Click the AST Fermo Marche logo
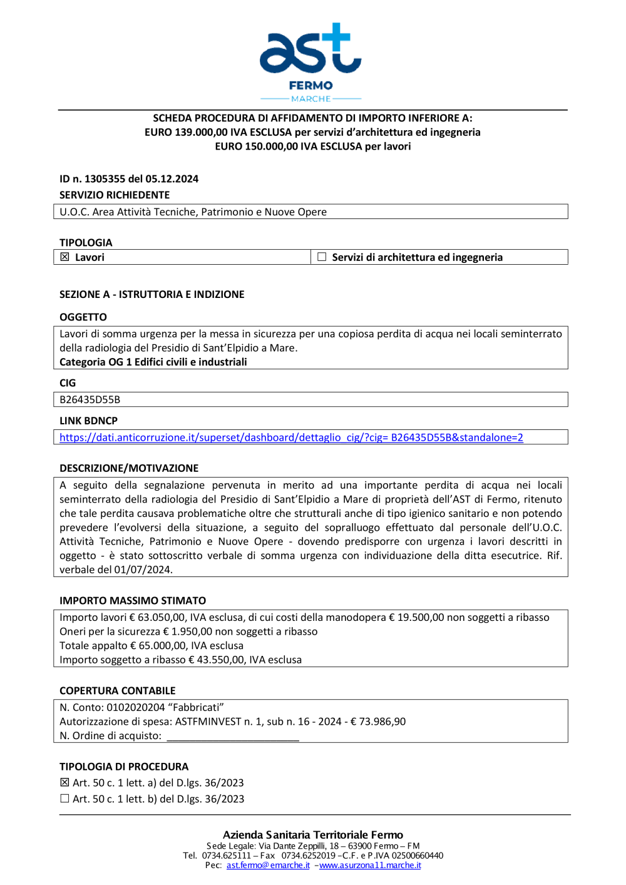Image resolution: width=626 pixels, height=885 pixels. pyautogui.click(x=310, y=61)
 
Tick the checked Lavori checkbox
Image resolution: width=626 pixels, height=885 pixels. pyautogui.click(x=64, y=257)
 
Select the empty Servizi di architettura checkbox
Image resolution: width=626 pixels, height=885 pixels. pyautogui.click(x=322, y=257)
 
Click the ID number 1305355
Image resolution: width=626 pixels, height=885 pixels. pyautogui.click(x=105, y=179)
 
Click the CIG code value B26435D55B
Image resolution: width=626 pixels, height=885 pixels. pyautogui.click(x=90, y=400)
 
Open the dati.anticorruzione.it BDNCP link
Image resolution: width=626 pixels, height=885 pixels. pyautogui.click(x=291, y=437)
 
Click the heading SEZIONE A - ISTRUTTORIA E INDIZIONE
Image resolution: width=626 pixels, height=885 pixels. pyautogui.click(x=151, y=294)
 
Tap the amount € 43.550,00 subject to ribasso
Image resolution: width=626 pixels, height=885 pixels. pyautogui.click(x=218, y=660)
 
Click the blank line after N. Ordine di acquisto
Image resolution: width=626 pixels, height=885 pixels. pyautogui.click(x=233, y=737)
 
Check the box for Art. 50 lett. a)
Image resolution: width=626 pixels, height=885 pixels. pyautogui.click(x=64, y=783)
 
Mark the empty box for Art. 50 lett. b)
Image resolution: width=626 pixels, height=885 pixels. pyautogui.click(x=64, y=799)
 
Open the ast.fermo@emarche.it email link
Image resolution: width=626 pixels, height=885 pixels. pyautogui.click(x=268, y=866)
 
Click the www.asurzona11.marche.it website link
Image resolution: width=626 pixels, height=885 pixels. pyautogui.click(x=370, y=866)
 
